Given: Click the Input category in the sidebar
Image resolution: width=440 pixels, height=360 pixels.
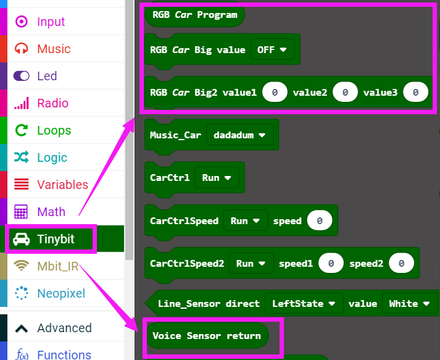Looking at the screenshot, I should click(x=51, y=22).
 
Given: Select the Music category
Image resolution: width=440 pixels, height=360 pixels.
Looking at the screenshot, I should click(x=54, y=49).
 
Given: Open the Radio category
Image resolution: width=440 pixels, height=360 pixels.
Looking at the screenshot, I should click(x=52, y=103).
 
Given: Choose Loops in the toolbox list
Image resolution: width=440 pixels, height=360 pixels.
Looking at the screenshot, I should click(x=54, y=130).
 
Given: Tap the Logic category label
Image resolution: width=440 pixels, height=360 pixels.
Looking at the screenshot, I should click(x=52, y=157).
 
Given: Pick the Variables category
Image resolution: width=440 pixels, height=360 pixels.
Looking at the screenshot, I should click(x=62, y=185).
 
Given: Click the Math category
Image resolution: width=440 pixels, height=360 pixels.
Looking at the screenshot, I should click(x=51, y=212).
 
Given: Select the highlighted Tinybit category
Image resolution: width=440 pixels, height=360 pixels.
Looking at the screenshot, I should click(x=55, y=239).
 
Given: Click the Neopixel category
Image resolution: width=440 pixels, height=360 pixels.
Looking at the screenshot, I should click(x=61, y=293).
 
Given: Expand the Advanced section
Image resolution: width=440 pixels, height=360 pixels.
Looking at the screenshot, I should click(x=64, y=328).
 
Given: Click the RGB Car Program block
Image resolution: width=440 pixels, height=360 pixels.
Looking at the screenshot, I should click(x=194, y=15).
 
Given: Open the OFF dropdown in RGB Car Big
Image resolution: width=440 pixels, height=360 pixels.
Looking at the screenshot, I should click(x=272, y=50).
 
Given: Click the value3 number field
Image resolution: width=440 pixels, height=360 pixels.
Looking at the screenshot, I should click(x=415, y=93).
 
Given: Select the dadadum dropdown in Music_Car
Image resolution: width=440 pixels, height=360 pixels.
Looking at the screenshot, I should click(x=239, y=135).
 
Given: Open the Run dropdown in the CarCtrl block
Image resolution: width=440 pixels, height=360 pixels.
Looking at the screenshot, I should click(x=217, y=177).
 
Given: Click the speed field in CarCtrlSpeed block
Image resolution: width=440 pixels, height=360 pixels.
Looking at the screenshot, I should click(x=319, y=220).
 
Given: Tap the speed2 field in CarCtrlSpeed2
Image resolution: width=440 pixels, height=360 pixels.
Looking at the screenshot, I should click(x=401, y=263).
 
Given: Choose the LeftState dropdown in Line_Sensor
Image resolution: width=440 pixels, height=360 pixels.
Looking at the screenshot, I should click(x=304, y=303).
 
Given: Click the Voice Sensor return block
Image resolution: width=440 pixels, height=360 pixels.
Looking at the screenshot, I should click(x=207, y=336).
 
